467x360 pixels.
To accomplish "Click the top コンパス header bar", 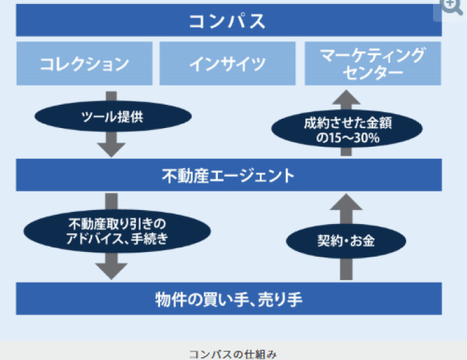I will point(228,21).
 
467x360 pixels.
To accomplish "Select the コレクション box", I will point(84,64).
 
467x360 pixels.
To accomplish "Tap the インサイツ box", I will point(228,64).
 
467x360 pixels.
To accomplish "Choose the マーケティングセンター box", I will point(373,64).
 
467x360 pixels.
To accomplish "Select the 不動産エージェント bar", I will point(228,175).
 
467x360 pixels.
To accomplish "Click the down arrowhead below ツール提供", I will point(111,148).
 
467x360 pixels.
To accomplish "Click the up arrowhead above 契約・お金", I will point(346,203).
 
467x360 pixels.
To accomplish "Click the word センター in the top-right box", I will point(373,73).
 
